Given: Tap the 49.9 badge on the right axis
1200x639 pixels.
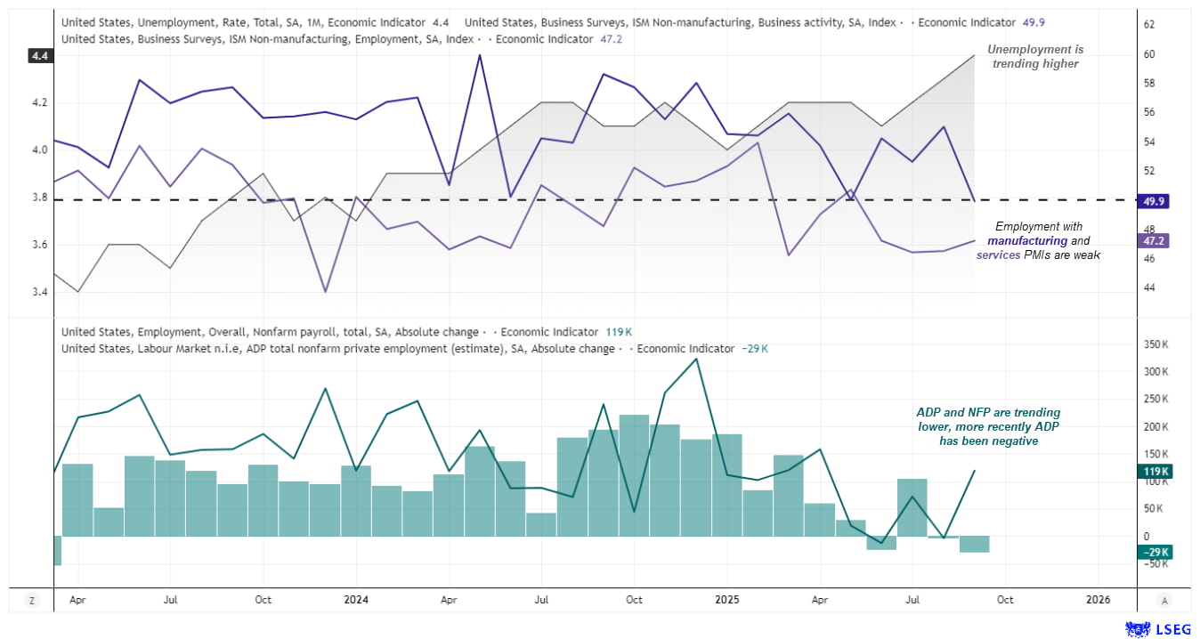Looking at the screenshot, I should [x=1153, y=201].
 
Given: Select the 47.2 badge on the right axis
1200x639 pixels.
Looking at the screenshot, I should [x=1153, y=241].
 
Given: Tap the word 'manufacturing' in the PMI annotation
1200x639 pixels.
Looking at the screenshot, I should [x=1026, y=241].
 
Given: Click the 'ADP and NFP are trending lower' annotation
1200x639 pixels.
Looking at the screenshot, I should [x=988, y=426].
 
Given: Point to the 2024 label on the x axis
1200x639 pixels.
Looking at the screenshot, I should [x=355, y=600].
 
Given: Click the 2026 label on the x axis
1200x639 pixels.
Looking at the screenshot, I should [x=1098, y=600].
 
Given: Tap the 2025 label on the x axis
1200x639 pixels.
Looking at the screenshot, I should [x=726, y=600].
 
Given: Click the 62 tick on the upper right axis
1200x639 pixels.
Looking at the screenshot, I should [x=1148, y=25].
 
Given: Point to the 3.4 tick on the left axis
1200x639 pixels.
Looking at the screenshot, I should [x=41, y=293].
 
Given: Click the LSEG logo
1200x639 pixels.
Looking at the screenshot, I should [x=1158, y=629].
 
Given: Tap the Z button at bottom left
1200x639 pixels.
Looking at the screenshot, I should [x=32, y=601].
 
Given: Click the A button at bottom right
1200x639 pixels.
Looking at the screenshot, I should [x=1164, y=601].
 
